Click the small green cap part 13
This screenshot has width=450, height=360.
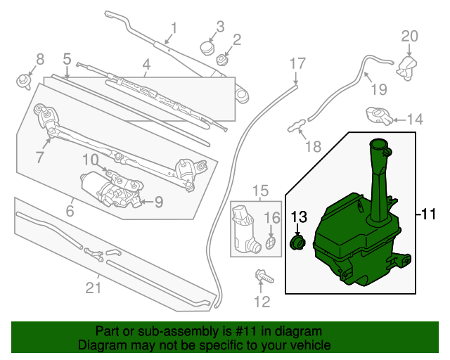[x=298, y=243]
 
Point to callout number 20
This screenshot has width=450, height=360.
[x=410, y=36]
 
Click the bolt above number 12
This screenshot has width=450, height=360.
[x=262, y=276]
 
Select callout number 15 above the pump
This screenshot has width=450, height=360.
[x=261, y=191]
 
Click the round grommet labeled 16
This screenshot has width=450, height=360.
[x=271, y=243]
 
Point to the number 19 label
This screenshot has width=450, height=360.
[x=379, y=90]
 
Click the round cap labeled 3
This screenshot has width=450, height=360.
[x=207, y=48]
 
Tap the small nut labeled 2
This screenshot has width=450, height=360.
[x=221, y=58]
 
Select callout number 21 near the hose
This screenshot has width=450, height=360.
[x=94, y=288]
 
